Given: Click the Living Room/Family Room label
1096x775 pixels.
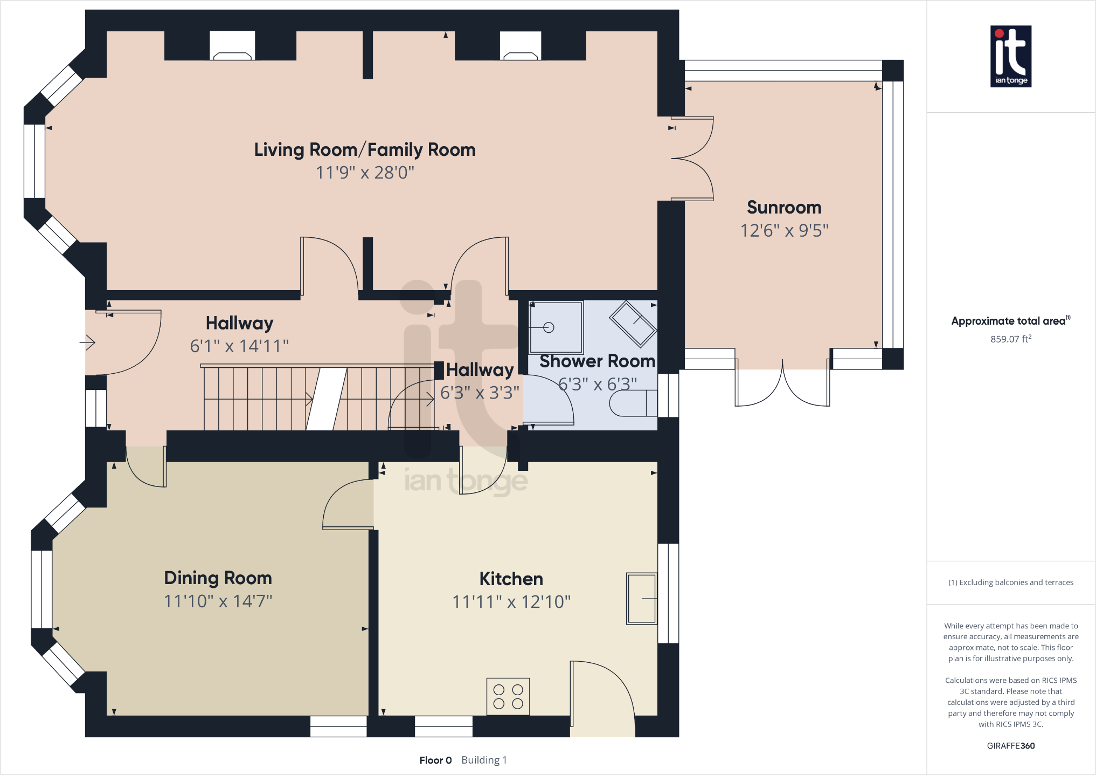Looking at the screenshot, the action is click(x=365, y=149).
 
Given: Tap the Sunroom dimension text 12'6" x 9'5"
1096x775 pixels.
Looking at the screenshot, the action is click(x=784, y=230).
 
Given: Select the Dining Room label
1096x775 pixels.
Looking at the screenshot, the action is click(x=218, y=578).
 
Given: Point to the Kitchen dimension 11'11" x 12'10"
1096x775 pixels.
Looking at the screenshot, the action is click(x=511, y=601).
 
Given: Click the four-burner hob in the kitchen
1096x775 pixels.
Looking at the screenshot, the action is click(x=508, y=696).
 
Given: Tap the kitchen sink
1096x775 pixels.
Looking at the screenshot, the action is click(x=641, y=599).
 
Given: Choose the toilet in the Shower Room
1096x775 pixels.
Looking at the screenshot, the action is click(x=633, y=403).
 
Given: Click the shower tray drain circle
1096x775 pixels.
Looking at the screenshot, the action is click(x=549, y=327).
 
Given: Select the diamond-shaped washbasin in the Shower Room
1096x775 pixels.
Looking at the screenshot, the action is click(x=633, y=324).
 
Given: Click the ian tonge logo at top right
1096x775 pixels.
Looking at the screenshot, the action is click(x=1011, y=57).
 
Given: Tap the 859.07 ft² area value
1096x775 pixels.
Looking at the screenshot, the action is click(x=1011, y=339).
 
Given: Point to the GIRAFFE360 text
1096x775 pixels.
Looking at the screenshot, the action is click(x=1011, y=746).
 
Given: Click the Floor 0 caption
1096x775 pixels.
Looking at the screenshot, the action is click(x=435, y=760).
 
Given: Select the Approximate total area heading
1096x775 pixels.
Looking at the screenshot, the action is click(x=1011, y=321).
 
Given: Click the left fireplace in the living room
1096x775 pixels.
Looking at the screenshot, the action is click(x=232, y=46).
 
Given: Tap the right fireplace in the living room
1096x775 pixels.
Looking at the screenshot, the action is click(x=521, y=46).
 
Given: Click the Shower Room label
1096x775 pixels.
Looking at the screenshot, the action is click(x=597, y=361).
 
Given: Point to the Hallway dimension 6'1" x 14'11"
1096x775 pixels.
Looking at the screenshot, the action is click(x=239, y=346).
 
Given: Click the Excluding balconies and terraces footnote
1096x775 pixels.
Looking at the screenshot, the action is click(x=1011, y=582).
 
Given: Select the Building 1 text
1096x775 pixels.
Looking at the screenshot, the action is click(x=484, y=760).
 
